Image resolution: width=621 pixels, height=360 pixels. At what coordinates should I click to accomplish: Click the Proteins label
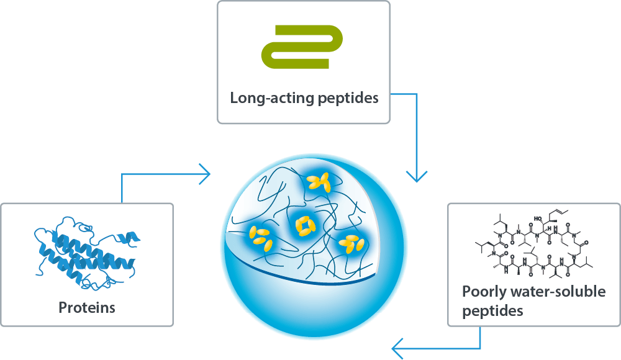(x=87, y=307)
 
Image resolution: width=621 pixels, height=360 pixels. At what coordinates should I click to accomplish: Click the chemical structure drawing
(x=533, y=245)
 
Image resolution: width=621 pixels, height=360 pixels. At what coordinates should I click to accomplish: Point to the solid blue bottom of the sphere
(x=317, y=310)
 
